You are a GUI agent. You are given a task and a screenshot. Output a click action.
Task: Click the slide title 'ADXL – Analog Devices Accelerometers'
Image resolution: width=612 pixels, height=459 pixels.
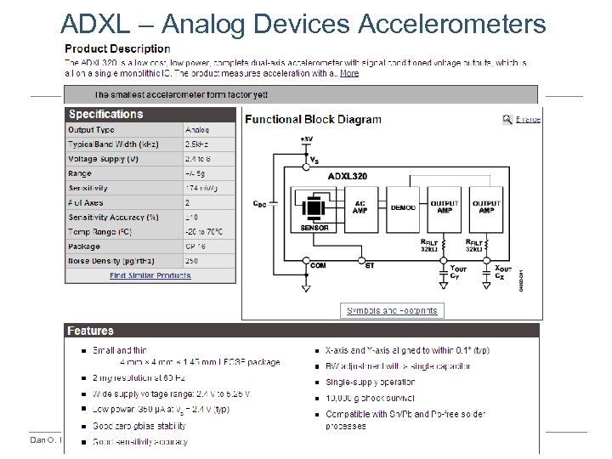click(x=304, y=24)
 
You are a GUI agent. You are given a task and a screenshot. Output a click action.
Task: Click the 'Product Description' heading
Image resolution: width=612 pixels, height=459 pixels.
click(x=118, y=49)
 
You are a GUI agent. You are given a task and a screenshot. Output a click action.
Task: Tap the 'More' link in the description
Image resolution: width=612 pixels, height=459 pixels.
click(x=349, y=74)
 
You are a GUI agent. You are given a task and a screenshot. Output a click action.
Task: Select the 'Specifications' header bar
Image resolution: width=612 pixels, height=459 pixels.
click(x=106, y=115)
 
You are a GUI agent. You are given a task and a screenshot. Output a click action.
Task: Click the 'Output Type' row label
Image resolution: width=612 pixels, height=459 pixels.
click(x=92, y=130)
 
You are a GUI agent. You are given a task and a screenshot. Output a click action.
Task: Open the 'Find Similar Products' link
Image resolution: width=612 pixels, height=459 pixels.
click(x=150, y=275)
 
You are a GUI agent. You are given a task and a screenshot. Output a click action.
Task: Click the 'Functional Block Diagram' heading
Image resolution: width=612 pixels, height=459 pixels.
click(x=313, y=120)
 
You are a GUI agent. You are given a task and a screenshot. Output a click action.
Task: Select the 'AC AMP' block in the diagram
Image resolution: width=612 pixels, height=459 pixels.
click(x=360, y=207)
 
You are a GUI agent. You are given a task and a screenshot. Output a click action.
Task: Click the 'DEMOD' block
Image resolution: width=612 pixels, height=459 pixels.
click(x=403, y=207)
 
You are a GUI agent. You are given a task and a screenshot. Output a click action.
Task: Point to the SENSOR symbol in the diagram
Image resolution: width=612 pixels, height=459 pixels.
click(x=314, y=209)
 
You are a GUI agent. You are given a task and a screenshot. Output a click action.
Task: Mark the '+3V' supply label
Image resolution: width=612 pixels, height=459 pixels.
click(x=306, y=138)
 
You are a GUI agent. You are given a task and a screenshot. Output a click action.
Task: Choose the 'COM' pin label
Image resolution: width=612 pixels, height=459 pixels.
click(x=318, y=265)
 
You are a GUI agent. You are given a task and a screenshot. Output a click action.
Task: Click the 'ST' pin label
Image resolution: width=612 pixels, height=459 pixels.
click(x=368, y=265)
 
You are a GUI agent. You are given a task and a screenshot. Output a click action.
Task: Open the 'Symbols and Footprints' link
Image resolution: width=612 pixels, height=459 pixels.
click(x=391, y=310)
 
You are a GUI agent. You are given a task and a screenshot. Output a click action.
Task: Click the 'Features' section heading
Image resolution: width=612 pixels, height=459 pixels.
click(x=92, y=331)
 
